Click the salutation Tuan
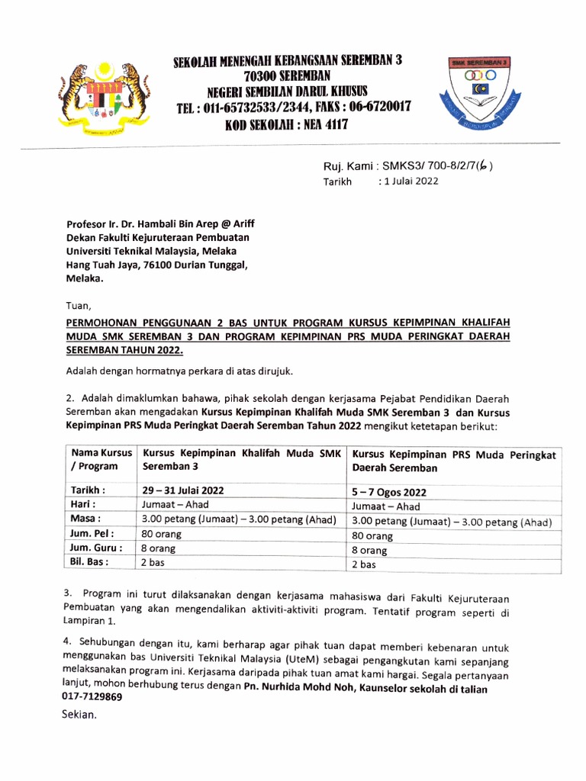(x=79, y=305)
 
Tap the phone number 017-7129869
(x=92, y=697)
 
